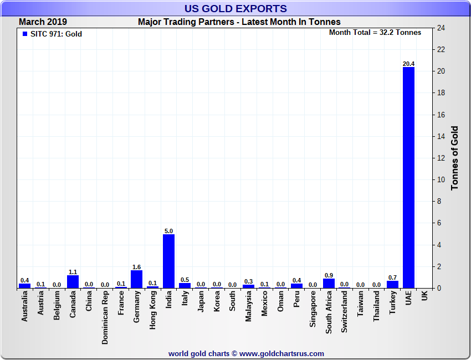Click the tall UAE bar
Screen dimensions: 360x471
pos(408,177)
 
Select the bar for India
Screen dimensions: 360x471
pos(168,261)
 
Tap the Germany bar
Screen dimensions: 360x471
pos(136,279)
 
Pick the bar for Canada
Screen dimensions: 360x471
pos(73,281)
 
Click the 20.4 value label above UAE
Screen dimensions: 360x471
pos(408,64)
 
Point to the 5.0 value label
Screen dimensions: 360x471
pos(168,231)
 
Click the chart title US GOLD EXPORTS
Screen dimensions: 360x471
pos(235,8)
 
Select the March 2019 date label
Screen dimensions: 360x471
pos(43,22)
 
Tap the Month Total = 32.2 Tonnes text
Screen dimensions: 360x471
pos(375,32)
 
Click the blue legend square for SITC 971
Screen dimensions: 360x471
pos(24,34)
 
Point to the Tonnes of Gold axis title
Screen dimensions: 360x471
pos(455,158)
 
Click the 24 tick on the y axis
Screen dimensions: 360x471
pos(442,28)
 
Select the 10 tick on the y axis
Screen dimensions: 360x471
pos(442,180)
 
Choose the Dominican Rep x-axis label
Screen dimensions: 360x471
pos(105,318)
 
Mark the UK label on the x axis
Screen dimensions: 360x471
pos(424,296)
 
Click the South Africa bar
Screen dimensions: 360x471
pos(329,283)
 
